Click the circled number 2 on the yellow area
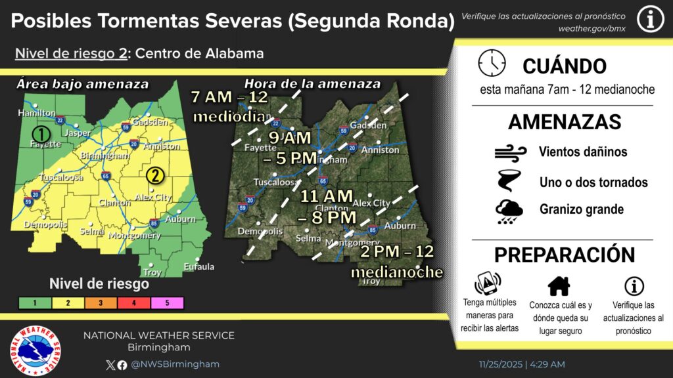tap(155, 175)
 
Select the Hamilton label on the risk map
tap(36, 113)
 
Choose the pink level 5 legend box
tap(167, 303)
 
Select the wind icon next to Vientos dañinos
tap(509, 152)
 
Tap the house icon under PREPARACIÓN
tap(559, 285)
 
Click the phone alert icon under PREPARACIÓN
tap(486, 283)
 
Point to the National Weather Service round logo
tap(36, 346)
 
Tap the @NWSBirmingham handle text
tap(175, 364)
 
